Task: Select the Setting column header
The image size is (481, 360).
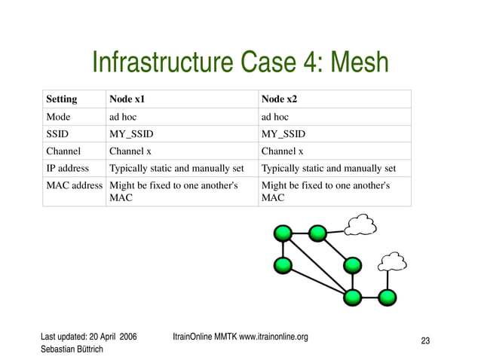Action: (61, 99)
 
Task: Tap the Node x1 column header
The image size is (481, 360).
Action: (127, 99)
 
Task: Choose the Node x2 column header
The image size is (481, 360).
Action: (279, 99)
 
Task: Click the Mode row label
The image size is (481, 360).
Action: (58, 117)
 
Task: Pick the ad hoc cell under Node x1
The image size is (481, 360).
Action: (124, 117)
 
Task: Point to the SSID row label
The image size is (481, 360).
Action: (58, 134)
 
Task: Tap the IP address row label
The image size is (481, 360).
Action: (67, 168)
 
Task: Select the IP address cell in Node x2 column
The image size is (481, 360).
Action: (328, 168)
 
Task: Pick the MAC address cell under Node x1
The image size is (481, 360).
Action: (173, 191)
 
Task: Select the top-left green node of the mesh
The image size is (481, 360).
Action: (283, 234)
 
